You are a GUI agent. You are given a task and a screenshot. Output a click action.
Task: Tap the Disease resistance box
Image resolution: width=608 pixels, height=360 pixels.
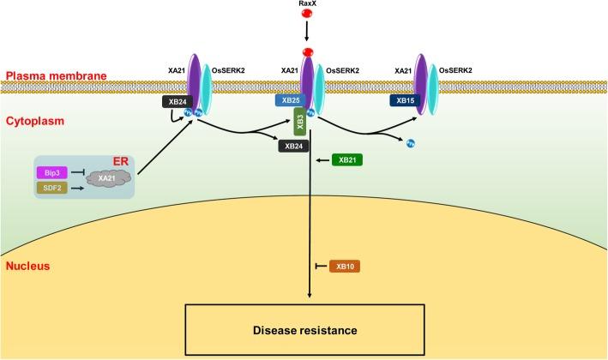[309, 327]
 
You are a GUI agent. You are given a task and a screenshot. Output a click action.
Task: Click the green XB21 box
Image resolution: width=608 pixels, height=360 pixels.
[348, 159]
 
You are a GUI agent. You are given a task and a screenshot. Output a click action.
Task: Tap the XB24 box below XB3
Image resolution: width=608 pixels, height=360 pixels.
[293, 147]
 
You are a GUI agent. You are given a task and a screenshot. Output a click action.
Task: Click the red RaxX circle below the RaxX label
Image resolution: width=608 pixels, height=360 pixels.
[306, 21]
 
